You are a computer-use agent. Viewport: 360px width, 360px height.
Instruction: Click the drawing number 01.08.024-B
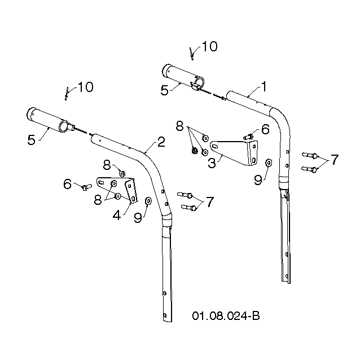(x=226, y=316)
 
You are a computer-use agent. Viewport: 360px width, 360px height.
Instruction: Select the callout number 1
(x=264, y=87)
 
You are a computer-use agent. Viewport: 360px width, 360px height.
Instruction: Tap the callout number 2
(x=161, y=142)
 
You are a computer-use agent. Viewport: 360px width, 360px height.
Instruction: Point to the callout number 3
(x=212, y=163)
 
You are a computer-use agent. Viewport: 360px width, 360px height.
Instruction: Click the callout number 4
(x=117, y=215)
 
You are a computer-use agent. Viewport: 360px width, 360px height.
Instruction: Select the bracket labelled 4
(x=118, y=189)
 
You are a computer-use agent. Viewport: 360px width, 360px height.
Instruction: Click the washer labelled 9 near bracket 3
(x=268, y=163)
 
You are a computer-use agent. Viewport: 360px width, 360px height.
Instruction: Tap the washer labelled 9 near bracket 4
(x=148, y=201)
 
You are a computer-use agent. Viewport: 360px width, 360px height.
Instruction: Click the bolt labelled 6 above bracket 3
(x=248, y=137)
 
